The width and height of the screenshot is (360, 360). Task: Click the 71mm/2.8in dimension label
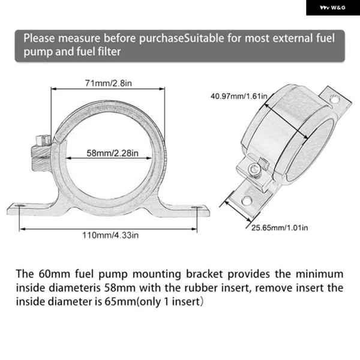pos(109,82)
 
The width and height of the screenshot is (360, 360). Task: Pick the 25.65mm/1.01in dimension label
pos(280,228)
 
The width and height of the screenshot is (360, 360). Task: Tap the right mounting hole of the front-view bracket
pos(196,208)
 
